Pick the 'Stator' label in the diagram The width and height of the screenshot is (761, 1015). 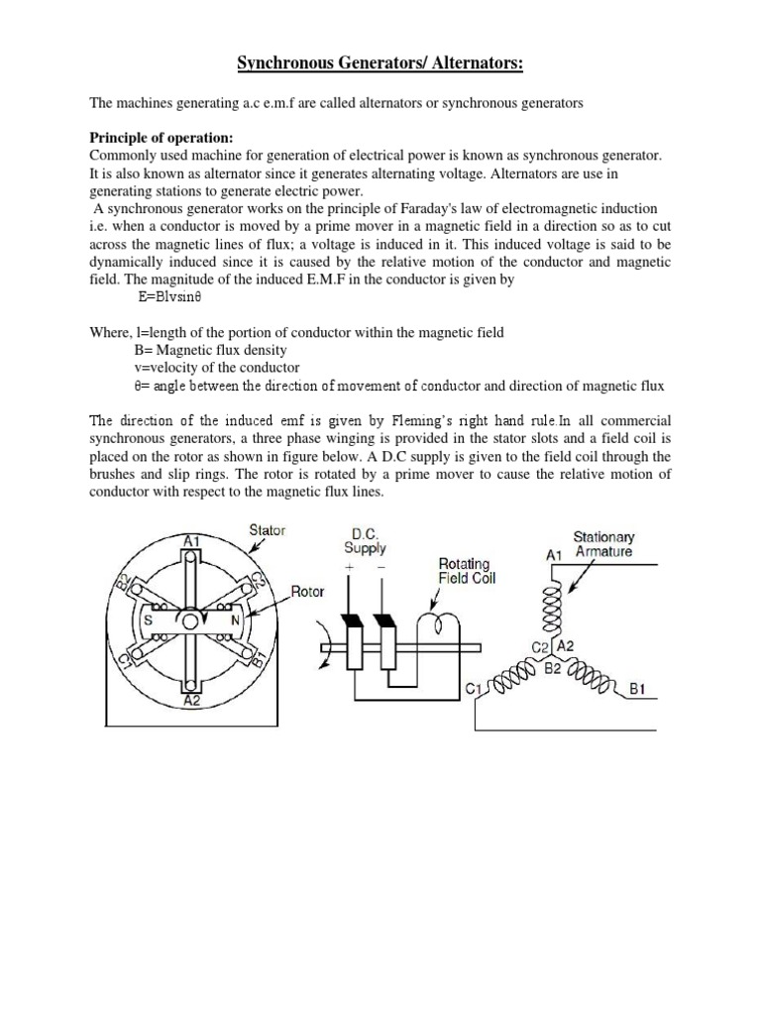267,530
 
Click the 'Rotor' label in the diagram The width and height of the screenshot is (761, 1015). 307,593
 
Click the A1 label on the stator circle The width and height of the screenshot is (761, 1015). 192,541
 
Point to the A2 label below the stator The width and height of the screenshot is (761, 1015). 192,701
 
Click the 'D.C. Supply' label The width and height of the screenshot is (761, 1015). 365,540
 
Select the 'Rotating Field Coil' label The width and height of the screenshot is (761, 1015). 467,571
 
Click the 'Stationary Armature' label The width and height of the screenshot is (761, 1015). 602,544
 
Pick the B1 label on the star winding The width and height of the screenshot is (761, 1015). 638,686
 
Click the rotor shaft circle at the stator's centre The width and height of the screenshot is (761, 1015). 192,620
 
